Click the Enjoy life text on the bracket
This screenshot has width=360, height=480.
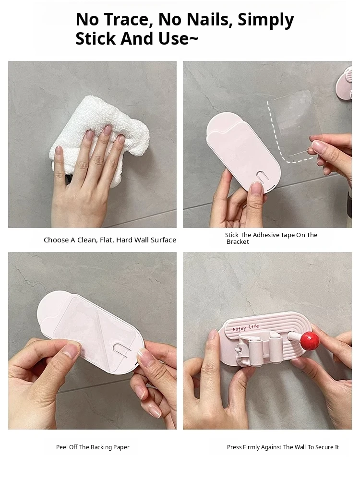[x=246, y=327]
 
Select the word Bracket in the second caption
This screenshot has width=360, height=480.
[x=238, y=242]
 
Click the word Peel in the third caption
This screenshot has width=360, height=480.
[x=62, y=447]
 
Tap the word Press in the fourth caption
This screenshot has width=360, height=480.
[x=234, y=447]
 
